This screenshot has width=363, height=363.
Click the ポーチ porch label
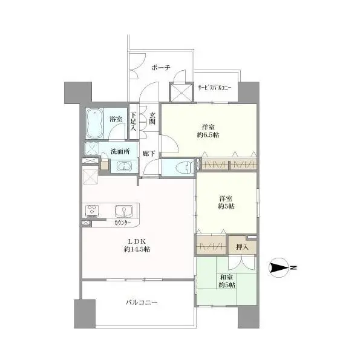(161, 68)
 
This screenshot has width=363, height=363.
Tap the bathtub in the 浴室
(94, 123)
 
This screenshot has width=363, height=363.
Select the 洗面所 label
(120, 152)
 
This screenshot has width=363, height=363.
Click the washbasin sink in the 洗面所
(124, 166)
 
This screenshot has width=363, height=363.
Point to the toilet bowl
(183, 167)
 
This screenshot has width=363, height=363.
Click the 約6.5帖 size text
(208, 135)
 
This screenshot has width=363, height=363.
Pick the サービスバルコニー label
(215, 88)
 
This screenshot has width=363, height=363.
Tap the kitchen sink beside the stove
(123, 211)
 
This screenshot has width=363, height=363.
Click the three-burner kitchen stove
(93, 211)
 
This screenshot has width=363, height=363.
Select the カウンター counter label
(122, 223)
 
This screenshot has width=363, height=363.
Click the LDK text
(137, 241)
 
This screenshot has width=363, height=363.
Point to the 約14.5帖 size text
(137, 249)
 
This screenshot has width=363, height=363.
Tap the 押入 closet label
(242, 247)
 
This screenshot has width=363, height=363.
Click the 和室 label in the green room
(227, 277)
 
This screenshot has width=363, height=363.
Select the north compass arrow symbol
(278, 268)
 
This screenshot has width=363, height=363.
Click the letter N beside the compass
(293, 268)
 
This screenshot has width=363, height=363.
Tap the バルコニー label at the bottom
(142, 302)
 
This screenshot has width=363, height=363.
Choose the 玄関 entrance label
(152, 118)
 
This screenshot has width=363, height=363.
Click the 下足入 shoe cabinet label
(133, 122)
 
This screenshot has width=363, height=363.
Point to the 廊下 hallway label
(149, 154)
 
